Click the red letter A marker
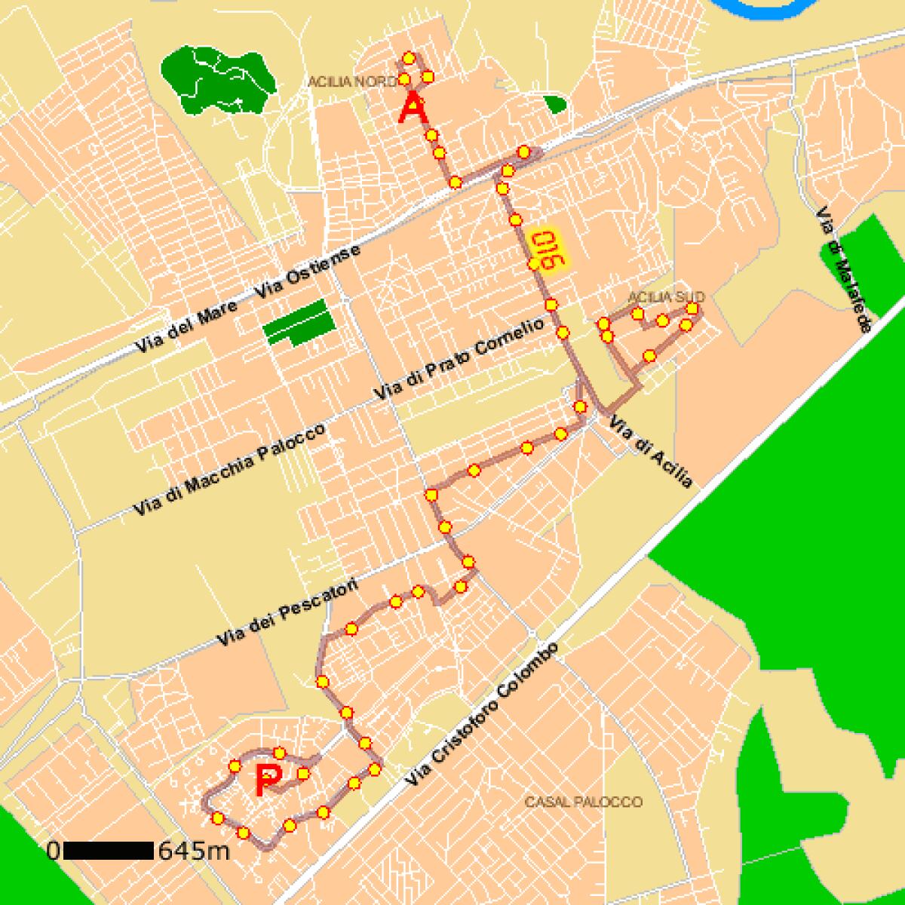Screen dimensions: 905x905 click(413, 108)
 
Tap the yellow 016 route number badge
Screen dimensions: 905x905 click(548, 250)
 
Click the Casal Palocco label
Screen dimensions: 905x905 click(584, 802)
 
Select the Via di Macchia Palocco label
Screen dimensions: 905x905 click(229, 470)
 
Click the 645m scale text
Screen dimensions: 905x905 click(193, 851)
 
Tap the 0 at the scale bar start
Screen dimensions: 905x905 click(53, 851)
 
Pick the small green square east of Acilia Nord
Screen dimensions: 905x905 click(555, 104)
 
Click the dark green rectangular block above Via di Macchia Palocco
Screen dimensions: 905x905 click(299, 322)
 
